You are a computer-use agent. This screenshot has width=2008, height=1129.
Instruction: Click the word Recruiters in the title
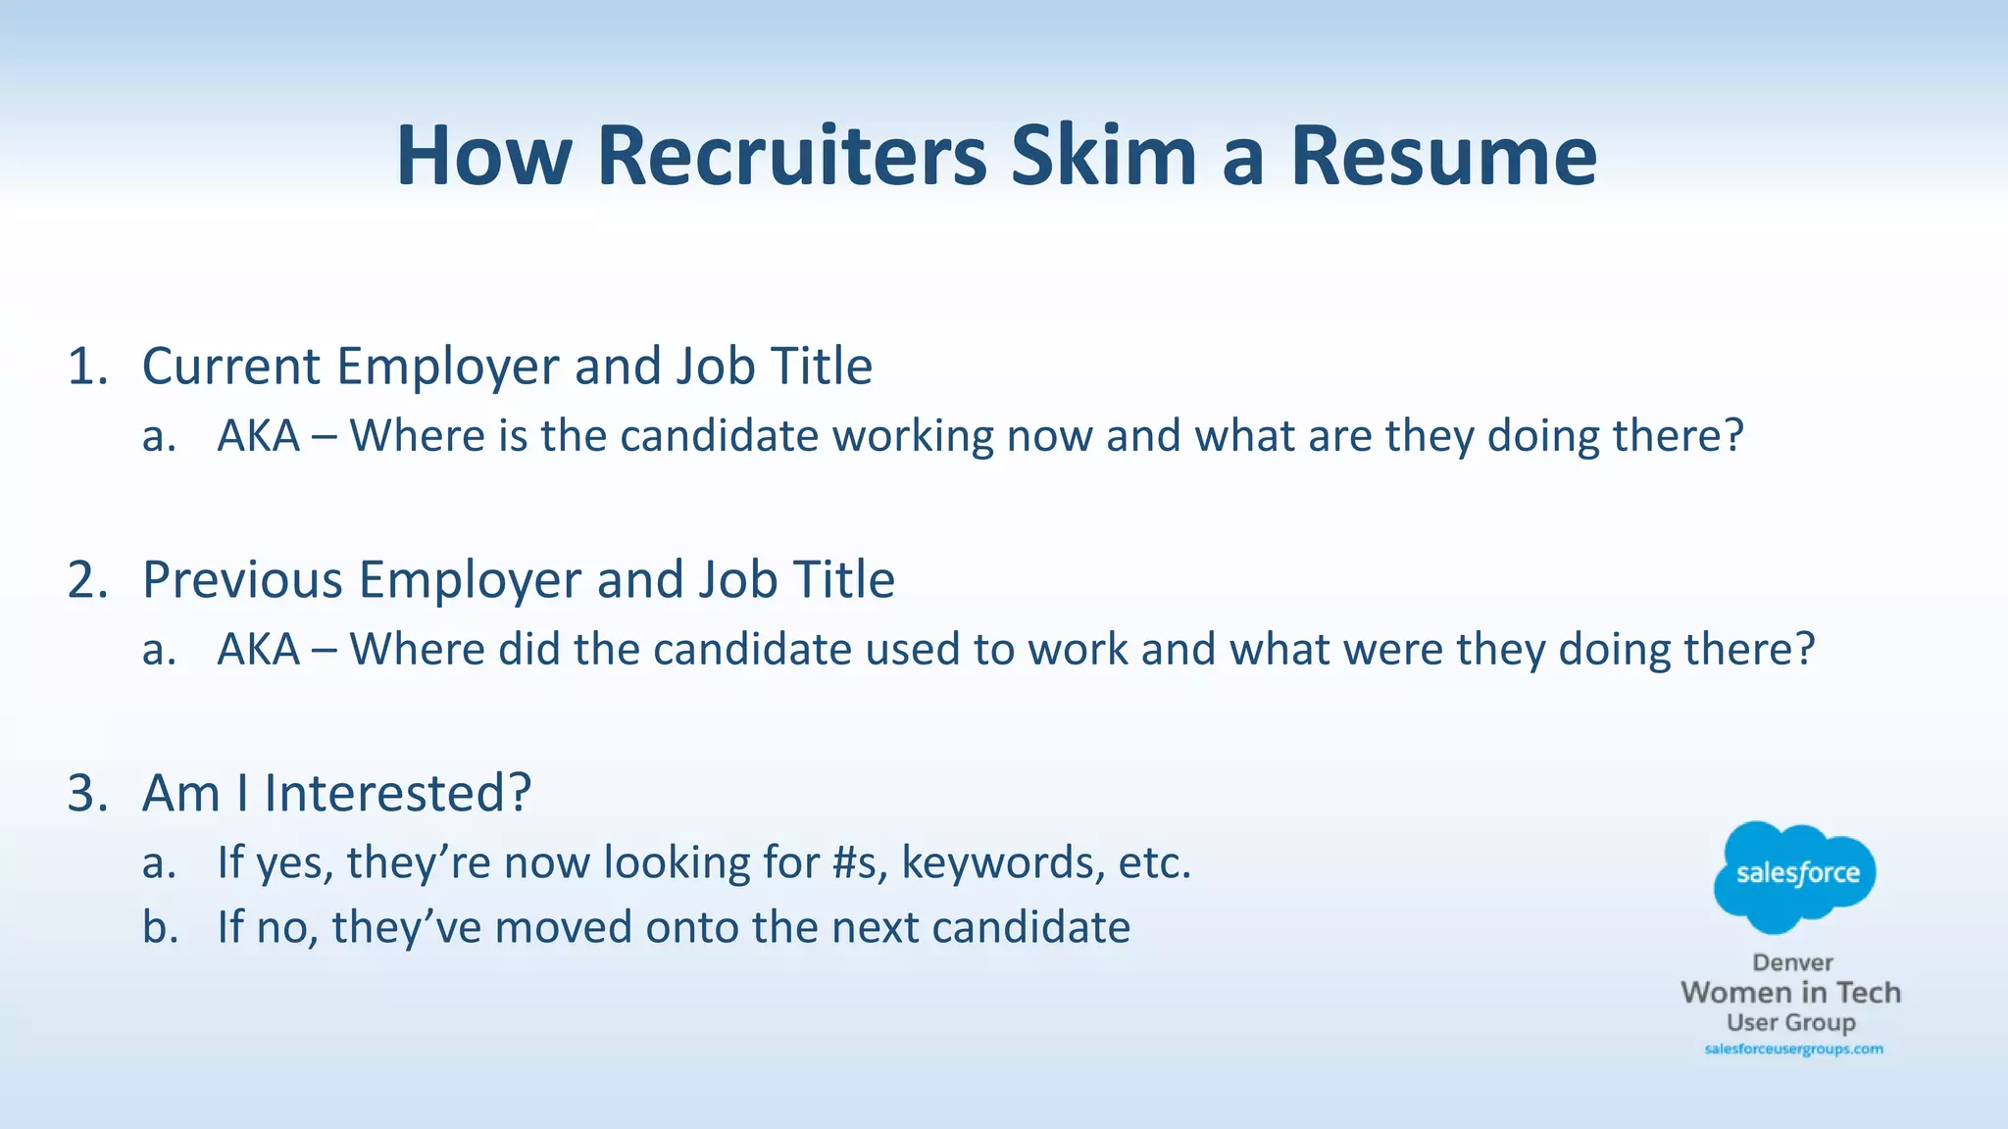pos(792,156)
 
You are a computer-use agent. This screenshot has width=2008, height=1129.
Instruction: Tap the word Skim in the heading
pos(1104,156)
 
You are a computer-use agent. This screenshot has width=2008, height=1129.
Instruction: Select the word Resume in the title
pos(1443,156)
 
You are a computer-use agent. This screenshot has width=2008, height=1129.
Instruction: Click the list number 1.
pos(86,367)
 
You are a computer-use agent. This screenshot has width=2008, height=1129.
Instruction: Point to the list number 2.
pos(86,580)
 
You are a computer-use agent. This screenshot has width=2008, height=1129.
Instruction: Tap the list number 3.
pos(86,793)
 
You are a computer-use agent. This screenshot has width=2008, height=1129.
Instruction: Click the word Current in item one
pos(231,367)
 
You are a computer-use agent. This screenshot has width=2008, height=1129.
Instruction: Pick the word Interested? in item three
pos(397,793)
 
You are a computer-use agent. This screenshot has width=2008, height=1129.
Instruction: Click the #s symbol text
pos(859,863)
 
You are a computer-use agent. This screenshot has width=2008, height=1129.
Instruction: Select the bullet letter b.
pos(160,927)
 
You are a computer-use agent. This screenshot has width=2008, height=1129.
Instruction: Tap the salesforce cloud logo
pos(1795,874)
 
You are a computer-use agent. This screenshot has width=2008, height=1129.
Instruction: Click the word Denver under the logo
pos(1792,962)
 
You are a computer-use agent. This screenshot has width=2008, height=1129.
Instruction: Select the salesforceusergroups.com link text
pos(1793,1050)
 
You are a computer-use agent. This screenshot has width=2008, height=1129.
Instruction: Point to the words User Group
pos(1791,1023)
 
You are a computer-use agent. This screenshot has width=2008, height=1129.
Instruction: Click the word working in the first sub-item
pos(913,436)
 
